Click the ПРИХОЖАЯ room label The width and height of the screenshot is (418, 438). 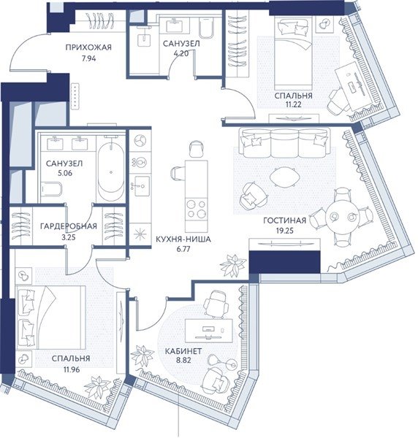point(88,47)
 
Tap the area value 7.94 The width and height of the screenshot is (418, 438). point(89,58)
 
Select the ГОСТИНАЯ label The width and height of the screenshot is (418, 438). point(284,220)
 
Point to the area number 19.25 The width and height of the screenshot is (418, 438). point(284,231)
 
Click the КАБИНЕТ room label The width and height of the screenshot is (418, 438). point(183,351)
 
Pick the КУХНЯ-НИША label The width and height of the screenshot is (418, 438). point(183,239)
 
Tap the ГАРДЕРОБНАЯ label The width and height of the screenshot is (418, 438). point(69,226)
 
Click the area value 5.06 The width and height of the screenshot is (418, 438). point(65,173)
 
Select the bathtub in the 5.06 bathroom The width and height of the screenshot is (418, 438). point(111,169)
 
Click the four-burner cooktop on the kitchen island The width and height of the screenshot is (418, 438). point(197,209)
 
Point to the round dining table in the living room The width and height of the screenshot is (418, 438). point(343,217)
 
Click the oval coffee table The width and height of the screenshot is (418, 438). point(284,177)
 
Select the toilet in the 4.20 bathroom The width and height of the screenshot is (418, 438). point(206,28)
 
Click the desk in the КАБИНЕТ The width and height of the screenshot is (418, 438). point(209,331)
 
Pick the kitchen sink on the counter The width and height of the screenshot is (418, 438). point(140,186)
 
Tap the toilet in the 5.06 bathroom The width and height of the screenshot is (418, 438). point(51,190)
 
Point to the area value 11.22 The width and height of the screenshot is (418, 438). point(293,105)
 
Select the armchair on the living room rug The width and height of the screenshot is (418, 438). point(253,196)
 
